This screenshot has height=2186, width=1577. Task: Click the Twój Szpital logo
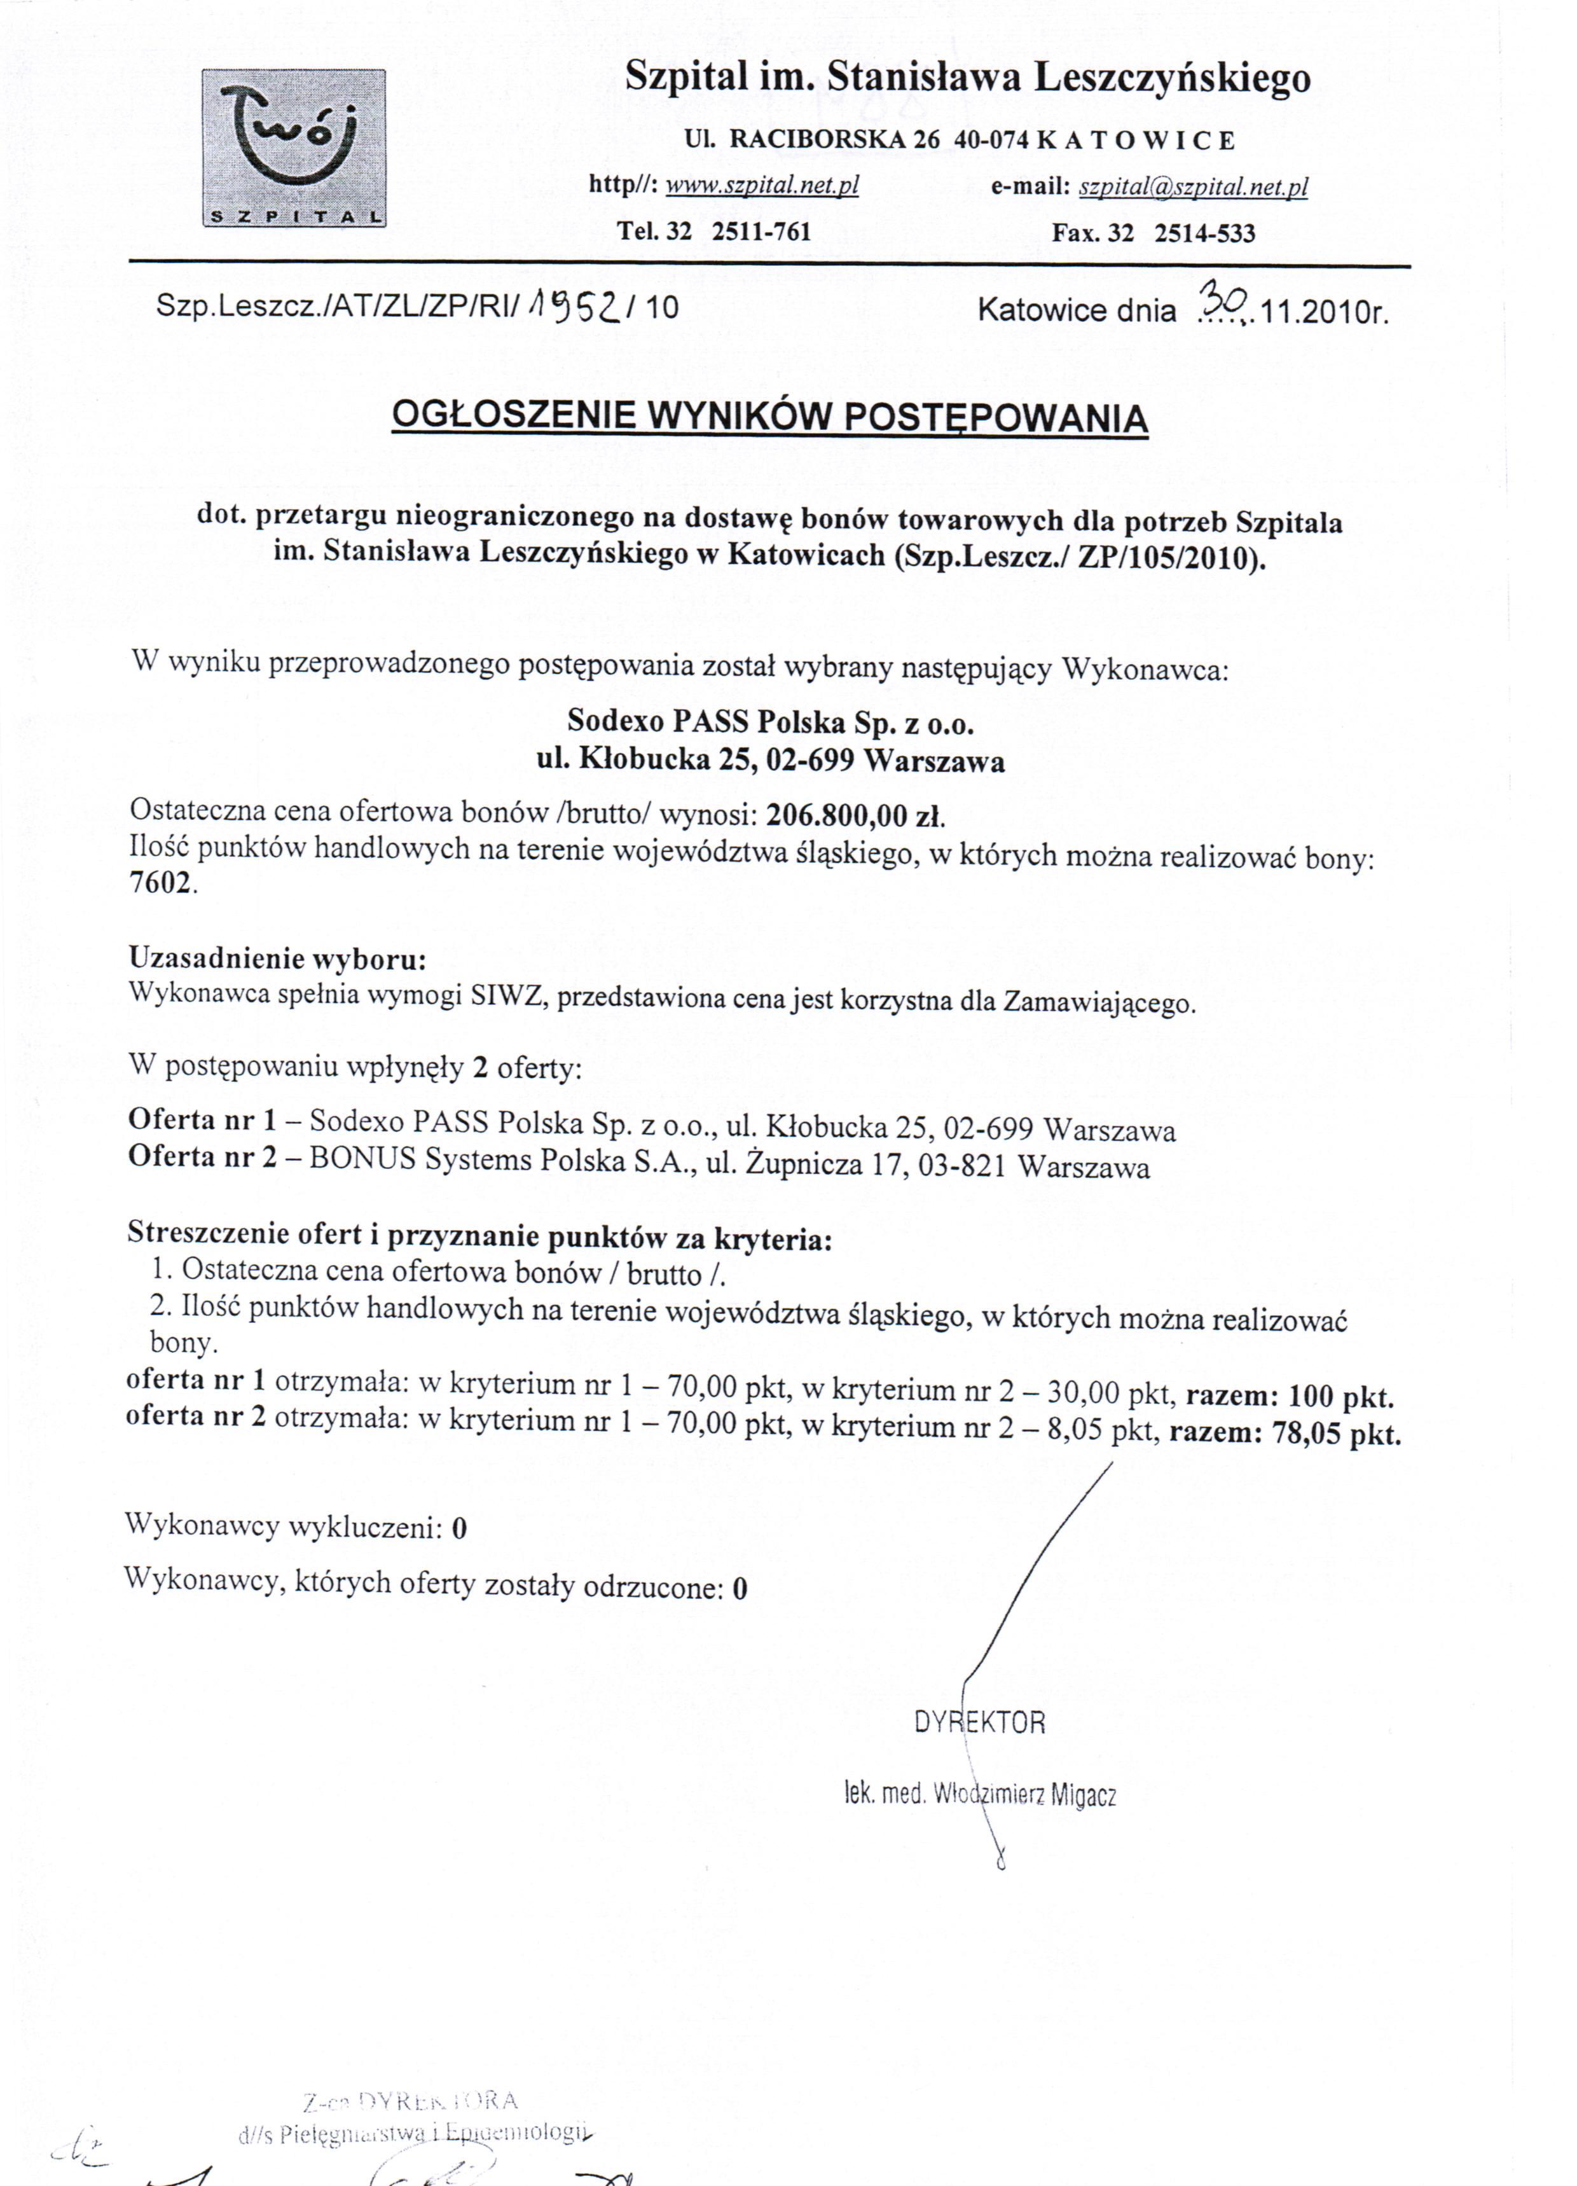294,149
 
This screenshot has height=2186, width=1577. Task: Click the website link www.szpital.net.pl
762,185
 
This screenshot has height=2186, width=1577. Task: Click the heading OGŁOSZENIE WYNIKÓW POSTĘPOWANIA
769,417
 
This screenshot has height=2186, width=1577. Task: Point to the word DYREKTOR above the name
979,1722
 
